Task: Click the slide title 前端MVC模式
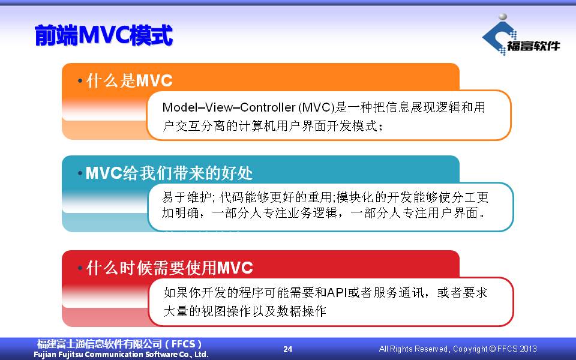[x=104, y=35]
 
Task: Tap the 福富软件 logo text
[x=533, y=46]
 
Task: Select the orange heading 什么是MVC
[x=129, y=80]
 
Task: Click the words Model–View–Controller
[x=229, y=107]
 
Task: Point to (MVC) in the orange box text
[x=317, y=107]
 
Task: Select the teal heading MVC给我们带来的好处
[x=169, y=173]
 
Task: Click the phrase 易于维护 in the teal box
[x=187, y=197]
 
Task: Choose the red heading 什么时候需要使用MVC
[x=170, y=268]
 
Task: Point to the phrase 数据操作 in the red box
[x=301, y=311]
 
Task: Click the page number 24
[x=287, y=349]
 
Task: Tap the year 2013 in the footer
[x=527, y=349]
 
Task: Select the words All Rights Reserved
[x=413, y=349]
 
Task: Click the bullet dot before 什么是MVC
[x=80, y=80]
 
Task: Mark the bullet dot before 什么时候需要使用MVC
[x=80, y=268]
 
